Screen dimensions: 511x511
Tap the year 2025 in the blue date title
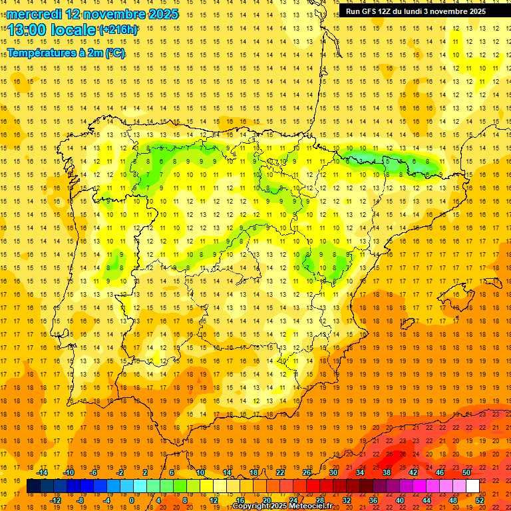click(x=159, y=14)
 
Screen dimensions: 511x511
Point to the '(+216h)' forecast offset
click(x=118, y=30)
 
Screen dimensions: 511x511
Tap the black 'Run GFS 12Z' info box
click(x=416, y=11)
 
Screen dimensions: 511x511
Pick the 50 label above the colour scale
click(x=466, y=472)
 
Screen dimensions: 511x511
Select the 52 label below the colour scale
click(x=479, y=500)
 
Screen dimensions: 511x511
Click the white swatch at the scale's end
click(x=472, y=486)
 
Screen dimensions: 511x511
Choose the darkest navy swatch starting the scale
click(x=33, y=486)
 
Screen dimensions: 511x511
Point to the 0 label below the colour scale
click(x=132, y=500)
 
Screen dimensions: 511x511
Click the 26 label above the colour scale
click(x=307, y=472)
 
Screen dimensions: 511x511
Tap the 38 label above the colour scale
click(x=387, y=472)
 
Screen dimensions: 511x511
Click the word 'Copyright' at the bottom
click(x=251, y=506)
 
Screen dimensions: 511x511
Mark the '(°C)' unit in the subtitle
click(x=114, y=53)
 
